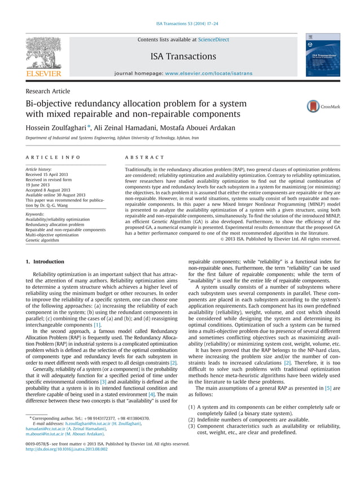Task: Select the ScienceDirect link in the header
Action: pyautogui.click(x=213, y=40)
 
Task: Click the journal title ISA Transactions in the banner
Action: pyautogui.click(x=183, y=56)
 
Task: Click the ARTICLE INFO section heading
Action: pyautogui.click(x=53, y=157)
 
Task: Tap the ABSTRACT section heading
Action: pyautogui.click(x=144, y=157)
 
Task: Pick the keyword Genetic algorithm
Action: pyautogui.click(x=42, y=240)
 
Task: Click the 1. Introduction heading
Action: pyautogui.click(x=46, y=262)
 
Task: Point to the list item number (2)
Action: pyautogui.click(x=191, y=420)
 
